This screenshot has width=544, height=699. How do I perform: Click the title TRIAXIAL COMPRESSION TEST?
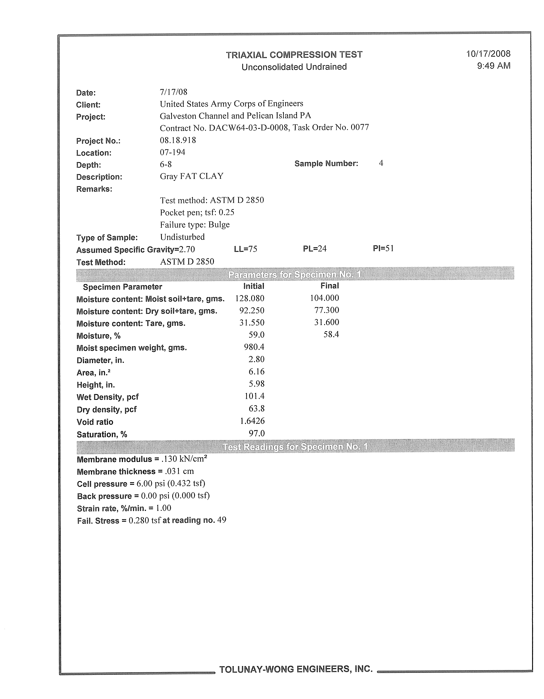(x=294, y=55)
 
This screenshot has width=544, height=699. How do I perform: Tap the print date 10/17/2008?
(x=488, y=54)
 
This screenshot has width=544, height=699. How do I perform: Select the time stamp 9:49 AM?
(x=493, y=66)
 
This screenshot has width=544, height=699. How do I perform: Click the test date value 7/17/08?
(x=173, y=92)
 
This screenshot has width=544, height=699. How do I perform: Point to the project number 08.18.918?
(x=178, y=140)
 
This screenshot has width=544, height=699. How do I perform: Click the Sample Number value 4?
(x=381, y=163)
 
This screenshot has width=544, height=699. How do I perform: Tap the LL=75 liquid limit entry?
(x=245, y=249)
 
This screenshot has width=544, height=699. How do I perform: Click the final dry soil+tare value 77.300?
(x=326, y=310)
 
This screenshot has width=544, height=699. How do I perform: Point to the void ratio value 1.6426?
(x=252, y=421)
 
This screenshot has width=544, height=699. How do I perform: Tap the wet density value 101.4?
(x=254, y=396)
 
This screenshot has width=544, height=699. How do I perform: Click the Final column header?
(x=330, y=286)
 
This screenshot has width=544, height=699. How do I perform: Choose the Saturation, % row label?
(x=102, y=434)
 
